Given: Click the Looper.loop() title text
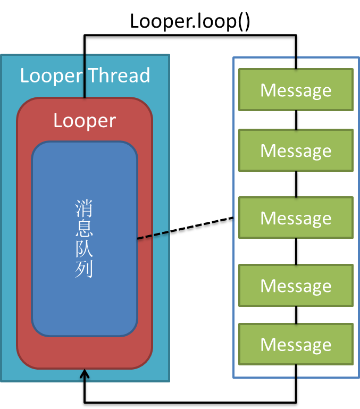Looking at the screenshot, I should (x=189, y=21).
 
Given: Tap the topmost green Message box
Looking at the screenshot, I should (x=296, y=90).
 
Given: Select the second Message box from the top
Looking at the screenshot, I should (x=296, y=151).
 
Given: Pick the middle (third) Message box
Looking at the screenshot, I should (x=296, y=218).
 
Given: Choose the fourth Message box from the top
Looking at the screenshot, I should (x=296, y=286).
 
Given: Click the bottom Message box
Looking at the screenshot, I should (x=296, y=345).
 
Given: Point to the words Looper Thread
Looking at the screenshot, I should (x=85, y=76).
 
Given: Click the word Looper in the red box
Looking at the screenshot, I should (x=85, y=121).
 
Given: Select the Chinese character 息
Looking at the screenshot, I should (x=85, y=229).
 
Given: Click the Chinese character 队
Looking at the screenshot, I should (x=85, y=249).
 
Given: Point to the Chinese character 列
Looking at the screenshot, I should (x=85, y=270).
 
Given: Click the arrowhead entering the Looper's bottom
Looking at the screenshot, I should (x=84, y=375).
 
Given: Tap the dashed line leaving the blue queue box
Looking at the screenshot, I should (x=154, y=235).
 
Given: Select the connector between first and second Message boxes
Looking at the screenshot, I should (x=296, y=120).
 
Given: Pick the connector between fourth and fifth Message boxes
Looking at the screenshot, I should (x=296, y=315).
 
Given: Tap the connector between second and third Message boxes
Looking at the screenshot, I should (x=296, y=184).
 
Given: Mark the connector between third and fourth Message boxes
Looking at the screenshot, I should (x=296, y=252).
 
